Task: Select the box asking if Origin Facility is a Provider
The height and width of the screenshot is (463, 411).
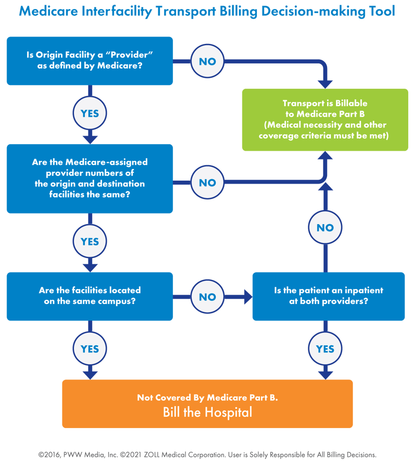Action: (x=89, y=61)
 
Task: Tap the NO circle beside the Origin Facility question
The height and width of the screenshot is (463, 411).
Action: (x=207, y=61)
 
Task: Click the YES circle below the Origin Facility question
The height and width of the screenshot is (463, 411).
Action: (x=89, y=113)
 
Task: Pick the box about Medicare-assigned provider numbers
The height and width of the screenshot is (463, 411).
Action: (x=89, y=178)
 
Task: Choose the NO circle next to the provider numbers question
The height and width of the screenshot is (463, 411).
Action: (x=207, y=183)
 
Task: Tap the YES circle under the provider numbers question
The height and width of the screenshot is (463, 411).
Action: (x=89, y=242)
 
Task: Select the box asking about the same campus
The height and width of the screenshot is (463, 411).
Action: (x=89, y=296)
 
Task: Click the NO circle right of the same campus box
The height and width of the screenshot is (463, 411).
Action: (x=207, y=297)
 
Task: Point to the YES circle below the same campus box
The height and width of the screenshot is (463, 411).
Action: (x=89, y=349)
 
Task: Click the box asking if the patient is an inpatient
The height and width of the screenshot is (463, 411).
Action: (x=328, y=296)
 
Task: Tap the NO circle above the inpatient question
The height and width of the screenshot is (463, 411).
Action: (x=325, y=228)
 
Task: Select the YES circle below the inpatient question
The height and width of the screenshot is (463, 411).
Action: (x=325, y=349)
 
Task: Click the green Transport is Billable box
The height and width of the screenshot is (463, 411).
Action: (x=325, y=119)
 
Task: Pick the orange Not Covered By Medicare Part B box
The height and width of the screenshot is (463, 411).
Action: (x=207, y=404)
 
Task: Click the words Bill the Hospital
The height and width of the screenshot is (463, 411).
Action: (x=207, y=413)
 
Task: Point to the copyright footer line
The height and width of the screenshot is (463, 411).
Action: (x=207, y=454)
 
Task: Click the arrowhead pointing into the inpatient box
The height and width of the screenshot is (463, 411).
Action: (x=247, y=297)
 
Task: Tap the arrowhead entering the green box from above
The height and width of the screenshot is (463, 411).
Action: (x=325, y=83)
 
